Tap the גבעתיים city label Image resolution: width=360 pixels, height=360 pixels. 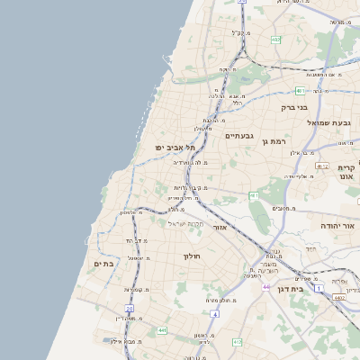[238, 137]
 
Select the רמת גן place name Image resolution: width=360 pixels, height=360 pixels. [274, 140]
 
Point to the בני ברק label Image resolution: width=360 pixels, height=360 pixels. [294, 107]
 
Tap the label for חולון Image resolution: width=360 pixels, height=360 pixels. [192, 256]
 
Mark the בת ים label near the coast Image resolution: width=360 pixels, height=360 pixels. [104, 264]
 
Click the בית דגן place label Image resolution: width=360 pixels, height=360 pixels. [312, 290]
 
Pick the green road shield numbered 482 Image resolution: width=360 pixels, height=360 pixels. [276, 40]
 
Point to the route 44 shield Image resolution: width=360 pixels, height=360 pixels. [266, 286]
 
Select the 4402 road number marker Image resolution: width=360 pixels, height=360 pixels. [338, 297]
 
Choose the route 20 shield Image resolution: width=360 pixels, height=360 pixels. [130, 309]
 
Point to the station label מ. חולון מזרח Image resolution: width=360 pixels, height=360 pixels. [221, 301]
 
